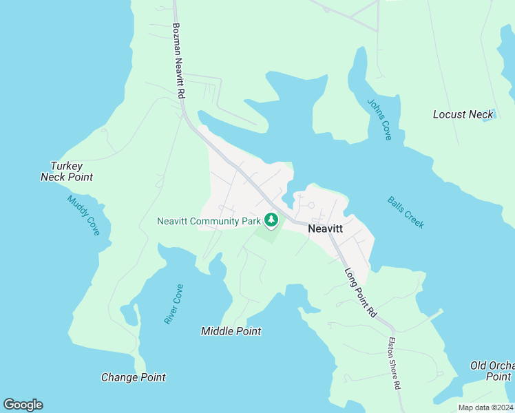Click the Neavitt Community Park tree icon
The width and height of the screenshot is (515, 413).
[x=272, y=220]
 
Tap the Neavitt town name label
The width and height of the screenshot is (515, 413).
[x=326, y=229]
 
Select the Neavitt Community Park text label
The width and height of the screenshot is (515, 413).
[x=209, y=221]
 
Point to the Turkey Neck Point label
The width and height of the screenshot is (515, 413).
[x=67, y=171]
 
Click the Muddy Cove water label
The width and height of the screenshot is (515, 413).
[x=83, y=215]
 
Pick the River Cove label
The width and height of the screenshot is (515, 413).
[x=174, y=304]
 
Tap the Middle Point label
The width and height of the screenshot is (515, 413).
[x=231, y=331]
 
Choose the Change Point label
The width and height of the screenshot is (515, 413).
[x=133, y=377]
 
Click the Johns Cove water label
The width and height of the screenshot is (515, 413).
[x=379, y=120]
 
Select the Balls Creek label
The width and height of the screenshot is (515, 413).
[x=406, y=213]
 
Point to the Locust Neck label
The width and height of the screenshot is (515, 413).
[x=463, y=114]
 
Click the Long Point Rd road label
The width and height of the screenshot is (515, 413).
[x=361, y=292]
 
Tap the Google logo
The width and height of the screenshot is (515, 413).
[x=23, y=405]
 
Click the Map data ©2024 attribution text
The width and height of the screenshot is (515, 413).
[x=485, y=407]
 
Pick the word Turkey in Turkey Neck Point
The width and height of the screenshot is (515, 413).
[x=67, y=166]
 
